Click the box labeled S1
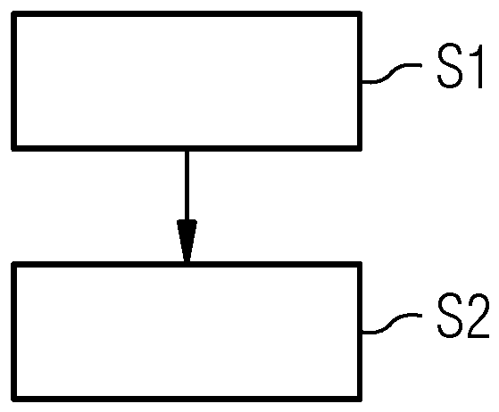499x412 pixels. tap(187, 79)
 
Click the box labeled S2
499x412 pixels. tap(187, 331)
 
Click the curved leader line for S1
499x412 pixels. tap(393, 76)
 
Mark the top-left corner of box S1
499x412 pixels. tap(15, 13)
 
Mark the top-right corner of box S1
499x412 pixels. tap(360, 13)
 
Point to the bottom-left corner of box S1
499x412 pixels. tap(15, 146)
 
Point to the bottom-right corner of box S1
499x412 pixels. tap(360, 146)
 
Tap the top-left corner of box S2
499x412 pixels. tap(15, 265)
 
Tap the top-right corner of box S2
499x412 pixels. tap(360, 265)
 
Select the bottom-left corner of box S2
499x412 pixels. tap(15, 397)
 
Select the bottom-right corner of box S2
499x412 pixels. tap(360, 397)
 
